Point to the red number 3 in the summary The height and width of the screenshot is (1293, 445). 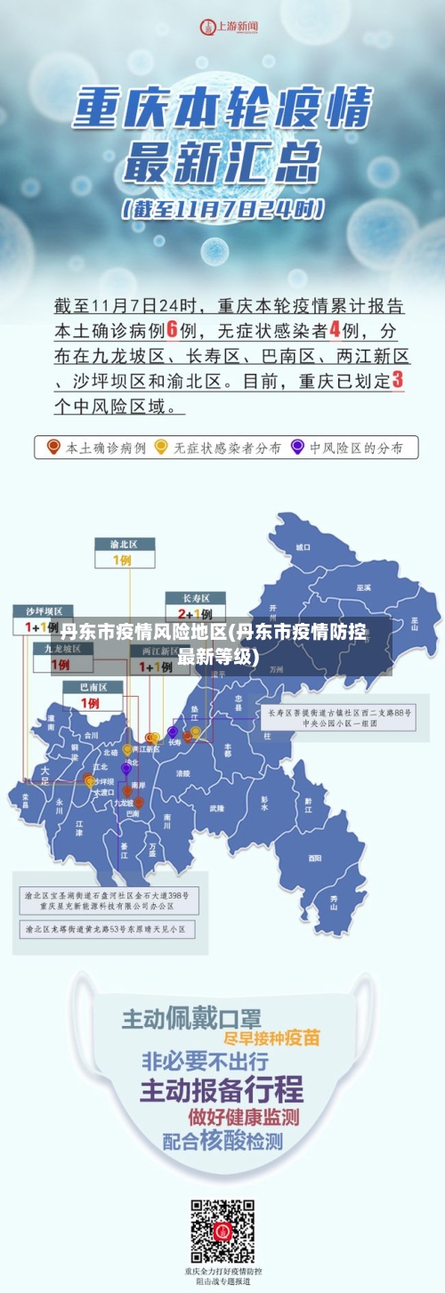[x=397, y=380]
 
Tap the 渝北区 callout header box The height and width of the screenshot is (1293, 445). [x=125, y=544]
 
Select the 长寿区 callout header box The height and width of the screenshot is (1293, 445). [x=196, y=598]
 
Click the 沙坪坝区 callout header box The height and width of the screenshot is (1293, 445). [x=43, y=611]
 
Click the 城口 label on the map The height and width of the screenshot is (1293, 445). [x=303, y=546]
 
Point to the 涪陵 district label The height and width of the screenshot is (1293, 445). [x=183, y=773]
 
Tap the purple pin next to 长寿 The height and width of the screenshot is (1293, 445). [x=173, y=731]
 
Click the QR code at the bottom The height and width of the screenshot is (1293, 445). [x=222, y=1232]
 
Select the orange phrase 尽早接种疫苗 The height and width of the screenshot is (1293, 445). [x=272, y=1038]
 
